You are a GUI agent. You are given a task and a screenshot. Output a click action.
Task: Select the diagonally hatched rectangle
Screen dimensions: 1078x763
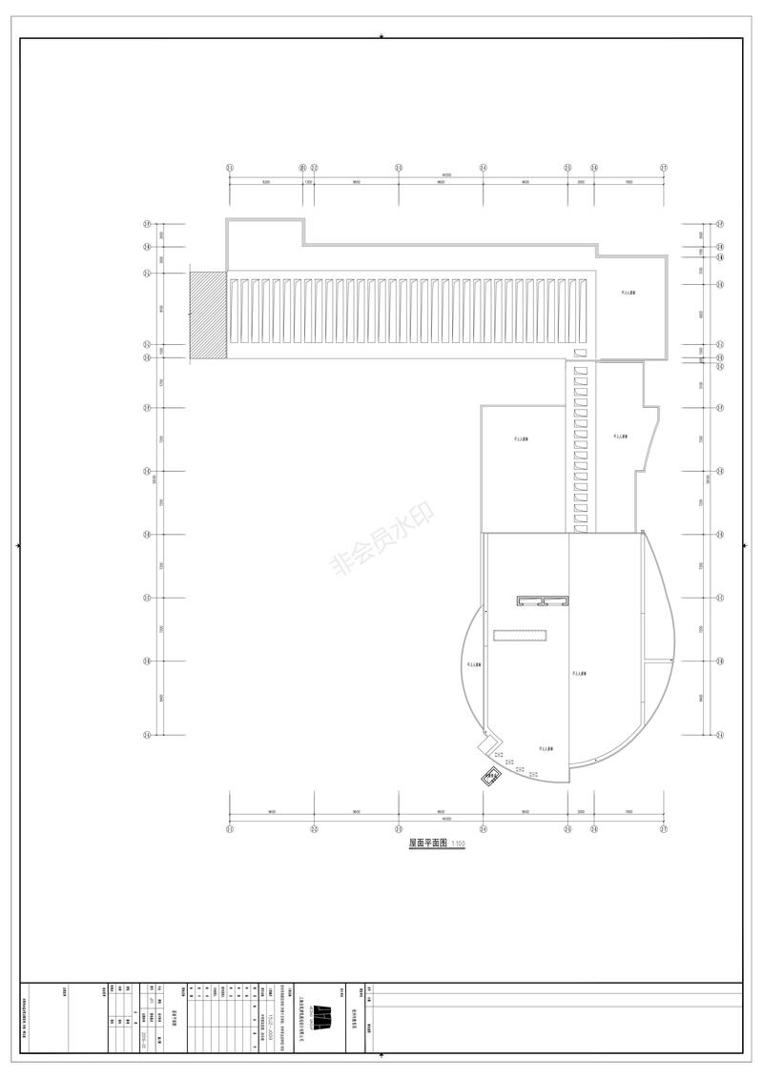point(208,315)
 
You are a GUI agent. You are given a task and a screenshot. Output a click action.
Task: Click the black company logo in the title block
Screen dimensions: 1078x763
point(324,1016)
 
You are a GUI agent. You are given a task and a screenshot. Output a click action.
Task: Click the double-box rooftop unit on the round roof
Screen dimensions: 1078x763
point(543,601)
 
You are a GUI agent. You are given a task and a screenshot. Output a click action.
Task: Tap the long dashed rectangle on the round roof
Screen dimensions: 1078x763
point(520,634)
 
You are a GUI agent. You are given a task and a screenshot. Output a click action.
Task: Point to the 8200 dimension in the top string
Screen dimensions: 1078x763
point(265,181)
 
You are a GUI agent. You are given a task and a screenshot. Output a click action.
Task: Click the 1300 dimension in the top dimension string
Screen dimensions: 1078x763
point(308,181)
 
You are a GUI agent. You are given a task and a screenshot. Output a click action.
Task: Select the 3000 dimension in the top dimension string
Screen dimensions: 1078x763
point(581,181)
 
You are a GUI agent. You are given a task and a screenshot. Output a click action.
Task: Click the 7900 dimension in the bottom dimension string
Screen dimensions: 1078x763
point(629,811)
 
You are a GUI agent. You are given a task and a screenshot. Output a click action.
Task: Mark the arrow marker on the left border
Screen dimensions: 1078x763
point(19,545)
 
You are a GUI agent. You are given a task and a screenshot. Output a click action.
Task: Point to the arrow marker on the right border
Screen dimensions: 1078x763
point(744,545)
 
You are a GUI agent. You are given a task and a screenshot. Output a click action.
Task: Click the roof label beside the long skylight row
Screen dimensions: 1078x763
point(629,295)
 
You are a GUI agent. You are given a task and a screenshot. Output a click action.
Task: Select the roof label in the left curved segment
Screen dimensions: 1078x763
point(474,664)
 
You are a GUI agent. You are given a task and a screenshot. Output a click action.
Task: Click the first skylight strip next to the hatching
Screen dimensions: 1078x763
point(233,311)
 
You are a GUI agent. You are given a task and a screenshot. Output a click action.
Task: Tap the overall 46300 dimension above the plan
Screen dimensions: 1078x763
point(446,174)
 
